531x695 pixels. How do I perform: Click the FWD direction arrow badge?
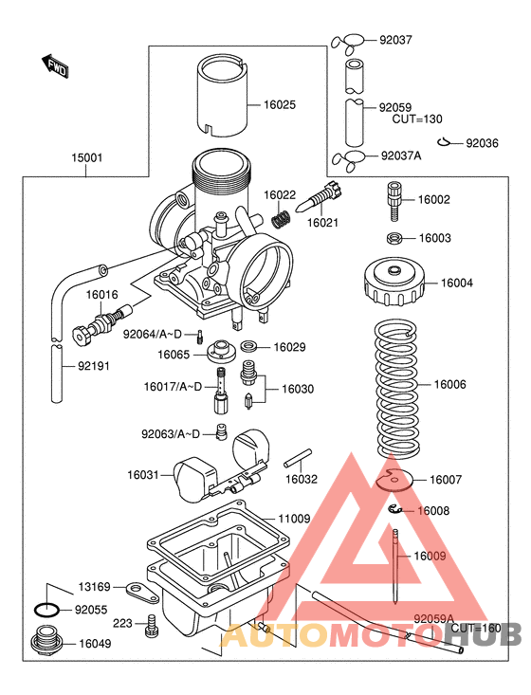coord(56,65)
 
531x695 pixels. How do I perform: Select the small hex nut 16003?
coord(394,238)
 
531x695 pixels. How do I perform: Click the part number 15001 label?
coord(85,158)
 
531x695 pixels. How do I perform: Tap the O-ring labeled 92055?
coord(49,610)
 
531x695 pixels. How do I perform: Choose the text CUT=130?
coord(417,119)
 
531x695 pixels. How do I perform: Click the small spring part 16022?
coord(280,219)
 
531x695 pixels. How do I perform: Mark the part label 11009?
coord(294,519)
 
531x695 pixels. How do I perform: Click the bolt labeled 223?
coord(150,625)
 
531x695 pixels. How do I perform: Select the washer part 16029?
coord(249,347)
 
